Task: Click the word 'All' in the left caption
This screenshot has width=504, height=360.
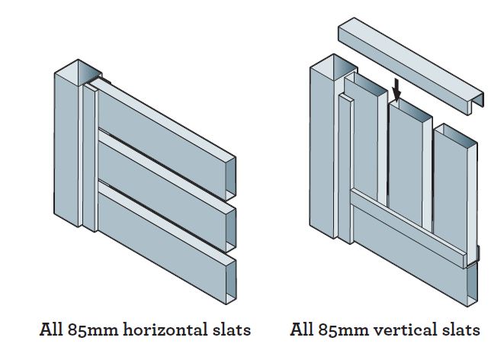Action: click(x=52, y=330)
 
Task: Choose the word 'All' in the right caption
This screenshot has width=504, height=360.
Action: click(x=303, y=330)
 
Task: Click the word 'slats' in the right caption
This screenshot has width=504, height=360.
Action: click(x=457, y=330)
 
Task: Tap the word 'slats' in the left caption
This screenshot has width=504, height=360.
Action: click(x=228, y=330)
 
